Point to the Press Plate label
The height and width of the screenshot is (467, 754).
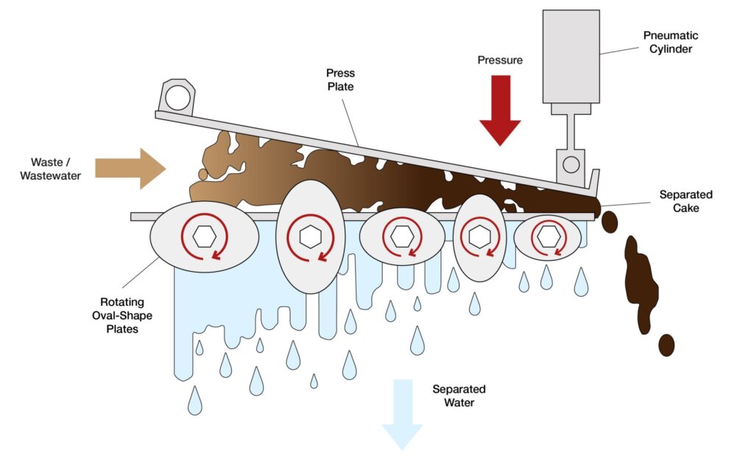pos(340,80)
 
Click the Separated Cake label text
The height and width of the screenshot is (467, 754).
pos(686,201)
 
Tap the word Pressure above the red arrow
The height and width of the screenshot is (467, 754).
pos(499,60)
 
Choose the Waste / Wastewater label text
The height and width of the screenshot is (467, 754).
pos(56,169)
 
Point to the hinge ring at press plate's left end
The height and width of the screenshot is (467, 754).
pos(177,96)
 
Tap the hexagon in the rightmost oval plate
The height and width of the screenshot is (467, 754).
pos(546,236)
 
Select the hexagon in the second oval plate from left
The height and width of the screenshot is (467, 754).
pos(311,236)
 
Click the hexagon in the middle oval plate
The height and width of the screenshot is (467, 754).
pos(401,236)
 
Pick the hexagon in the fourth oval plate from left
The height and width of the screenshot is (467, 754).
pos(479,236)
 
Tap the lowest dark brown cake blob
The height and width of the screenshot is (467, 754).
pos(666,344)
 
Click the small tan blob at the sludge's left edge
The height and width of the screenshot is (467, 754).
pos(202,175)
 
